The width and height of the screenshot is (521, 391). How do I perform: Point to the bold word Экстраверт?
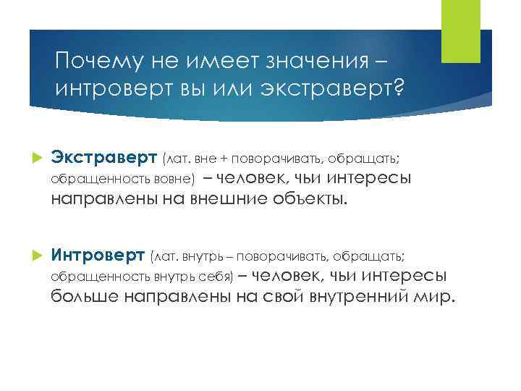[x=103, y=157]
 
